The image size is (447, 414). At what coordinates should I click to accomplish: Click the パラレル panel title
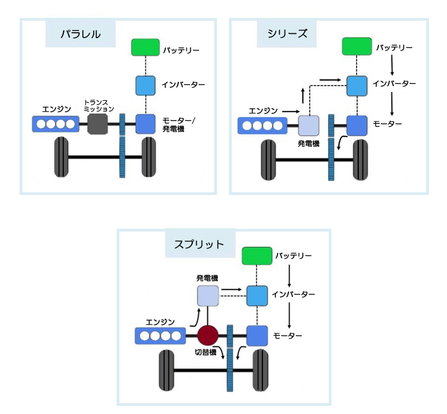click(80, 34)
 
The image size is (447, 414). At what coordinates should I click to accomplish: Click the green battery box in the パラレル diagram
click(146, 47)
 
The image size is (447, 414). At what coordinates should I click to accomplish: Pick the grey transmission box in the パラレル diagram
click(96, 124)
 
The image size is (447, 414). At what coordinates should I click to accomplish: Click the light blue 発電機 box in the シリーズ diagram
click(308, 125)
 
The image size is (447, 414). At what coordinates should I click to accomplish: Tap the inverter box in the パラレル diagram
click(146, 85)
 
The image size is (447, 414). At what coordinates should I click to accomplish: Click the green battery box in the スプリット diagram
click(257, 256)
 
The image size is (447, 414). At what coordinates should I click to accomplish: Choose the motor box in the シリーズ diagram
click(357, 125)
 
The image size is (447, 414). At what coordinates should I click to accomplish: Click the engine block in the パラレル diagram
click(56, 124)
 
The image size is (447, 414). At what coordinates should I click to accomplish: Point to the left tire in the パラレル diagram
click(61, 157)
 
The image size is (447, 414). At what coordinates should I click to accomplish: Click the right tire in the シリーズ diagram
click(360, 160)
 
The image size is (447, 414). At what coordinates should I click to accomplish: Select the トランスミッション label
click(99, 105)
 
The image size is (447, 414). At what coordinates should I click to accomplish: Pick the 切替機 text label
click(206, 352)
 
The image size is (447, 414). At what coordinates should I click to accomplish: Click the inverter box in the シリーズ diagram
click(357, 85)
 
